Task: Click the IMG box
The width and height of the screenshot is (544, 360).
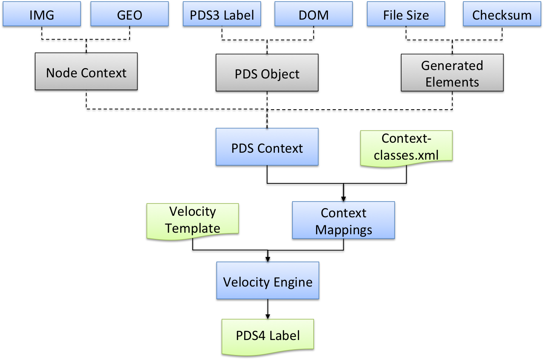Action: pos(42,15)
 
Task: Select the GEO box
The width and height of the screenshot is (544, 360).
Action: pos(130,15)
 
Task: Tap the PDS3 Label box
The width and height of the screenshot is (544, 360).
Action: pos(222,15)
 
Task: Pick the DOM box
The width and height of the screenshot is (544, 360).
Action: pos(314,15)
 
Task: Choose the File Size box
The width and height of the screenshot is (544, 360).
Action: pos(406,15)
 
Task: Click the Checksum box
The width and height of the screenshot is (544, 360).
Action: pos(502,15)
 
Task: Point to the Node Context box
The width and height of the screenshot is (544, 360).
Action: pos(86,73)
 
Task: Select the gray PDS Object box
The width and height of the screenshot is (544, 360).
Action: pos(267,74)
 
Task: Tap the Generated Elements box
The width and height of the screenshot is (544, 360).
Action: pos(452,74)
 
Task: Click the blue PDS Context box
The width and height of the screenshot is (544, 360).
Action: pos(267,148)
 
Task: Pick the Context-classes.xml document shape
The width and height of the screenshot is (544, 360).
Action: pos(406,148)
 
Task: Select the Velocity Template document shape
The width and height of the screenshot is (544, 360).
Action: pos(193,221)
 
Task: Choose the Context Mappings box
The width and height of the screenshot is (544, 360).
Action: pos(343,221)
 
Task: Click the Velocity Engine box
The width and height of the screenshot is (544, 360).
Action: pos(268,282)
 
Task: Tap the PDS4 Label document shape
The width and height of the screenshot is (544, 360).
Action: pos(268,336)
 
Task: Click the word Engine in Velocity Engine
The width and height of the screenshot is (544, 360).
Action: pos(293,283)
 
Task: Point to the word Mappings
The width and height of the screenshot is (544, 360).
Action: pos(344,230)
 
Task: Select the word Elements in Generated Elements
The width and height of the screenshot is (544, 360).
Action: pos(452,82)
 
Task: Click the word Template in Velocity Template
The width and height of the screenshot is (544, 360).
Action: pos(193,228)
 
